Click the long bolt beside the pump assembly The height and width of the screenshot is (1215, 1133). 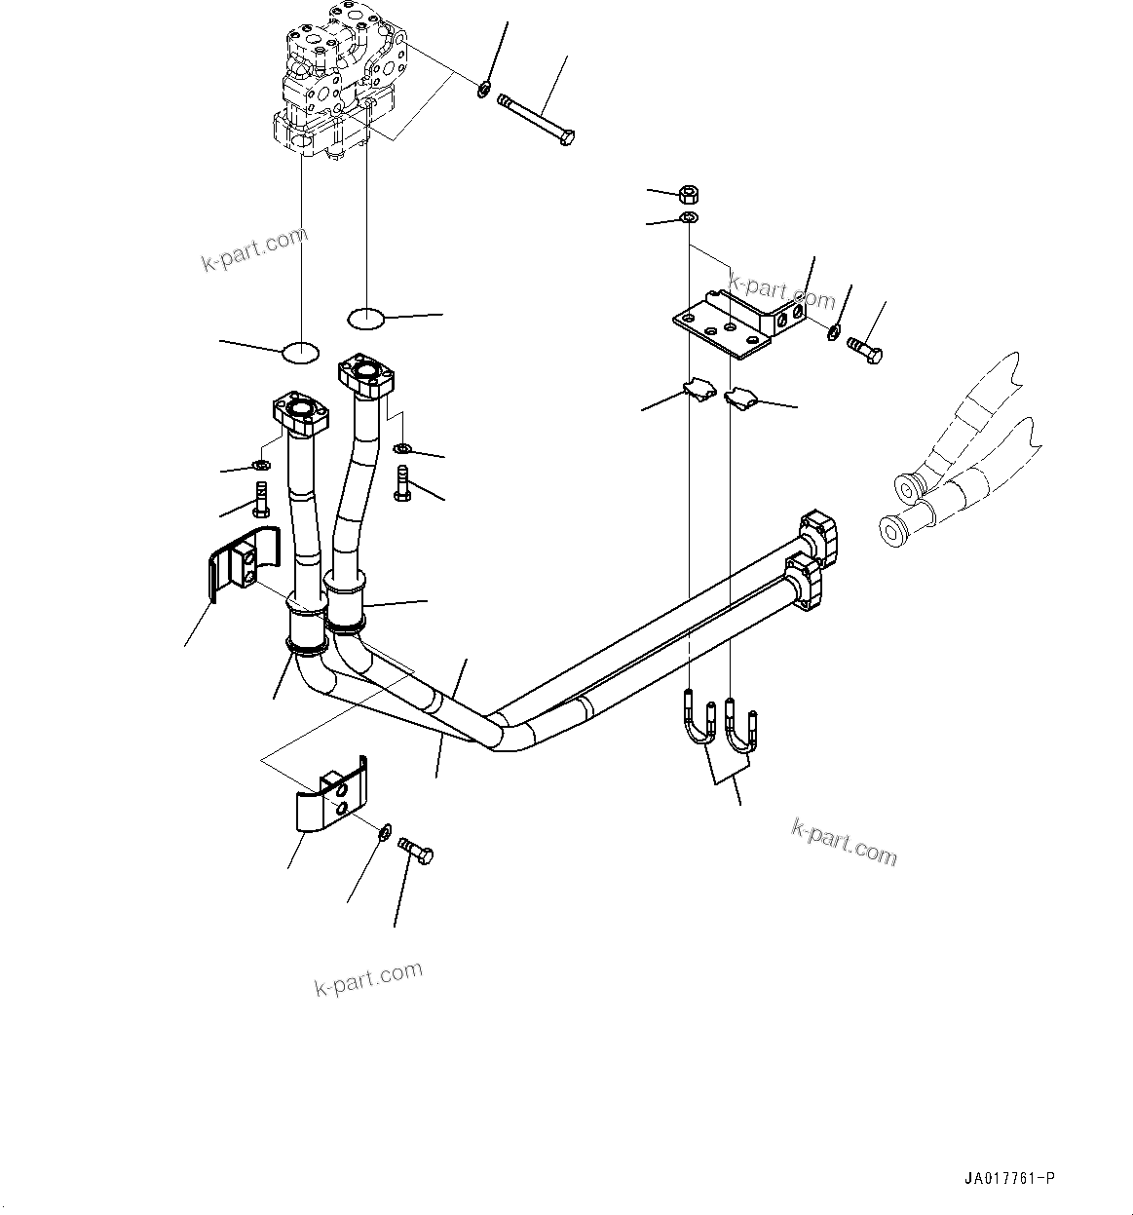coord(538,121)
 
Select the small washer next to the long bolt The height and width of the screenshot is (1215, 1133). coord(483,91)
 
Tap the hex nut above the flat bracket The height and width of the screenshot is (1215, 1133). coord(687,193)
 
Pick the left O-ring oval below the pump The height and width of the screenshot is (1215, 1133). coord(300,352)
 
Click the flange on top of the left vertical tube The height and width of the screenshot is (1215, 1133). coord(302,413)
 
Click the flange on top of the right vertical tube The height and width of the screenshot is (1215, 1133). coord(366,375)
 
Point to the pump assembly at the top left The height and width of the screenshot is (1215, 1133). coord(336,83)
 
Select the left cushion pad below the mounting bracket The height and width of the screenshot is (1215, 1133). coord(699,390)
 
